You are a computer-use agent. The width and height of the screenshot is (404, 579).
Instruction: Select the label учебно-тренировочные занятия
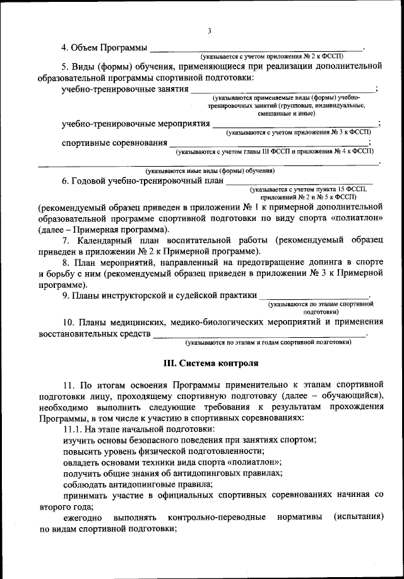124,90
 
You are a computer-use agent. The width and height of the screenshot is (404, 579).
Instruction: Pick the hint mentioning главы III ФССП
275,152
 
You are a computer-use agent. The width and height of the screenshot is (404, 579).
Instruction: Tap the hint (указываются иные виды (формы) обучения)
210,170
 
